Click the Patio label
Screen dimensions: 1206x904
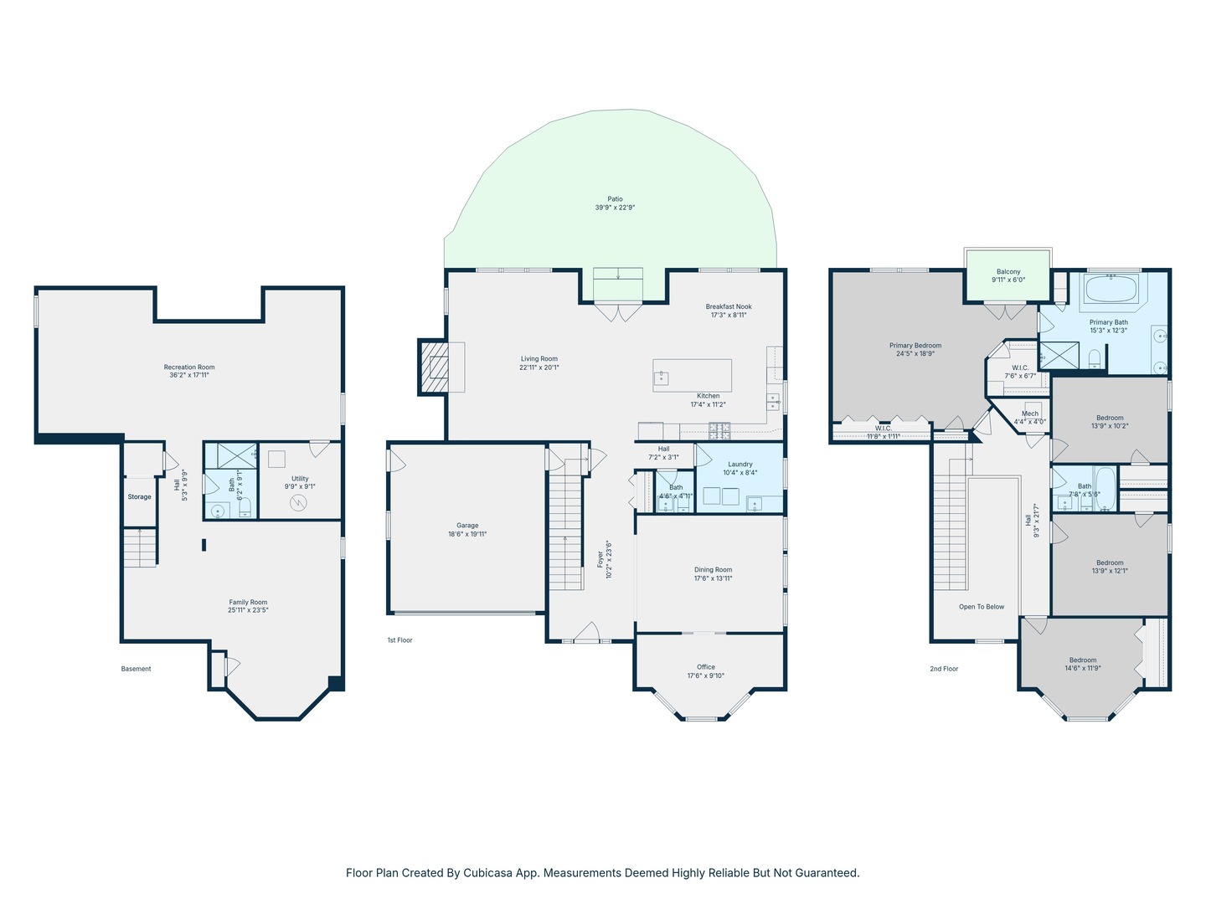(615, 198)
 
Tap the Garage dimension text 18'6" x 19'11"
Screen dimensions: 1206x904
(467, 534)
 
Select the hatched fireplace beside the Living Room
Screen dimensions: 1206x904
(434, 367)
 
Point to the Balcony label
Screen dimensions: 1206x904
(1008, 272)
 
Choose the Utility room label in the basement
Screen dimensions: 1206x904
(300, 479)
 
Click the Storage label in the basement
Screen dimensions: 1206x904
(140, 496)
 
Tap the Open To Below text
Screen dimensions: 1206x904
(982, 607)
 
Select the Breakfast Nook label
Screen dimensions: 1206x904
(729, 306)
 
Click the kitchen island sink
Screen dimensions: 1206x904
(661, 378)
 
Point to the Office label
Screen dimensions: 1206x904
(706, 667)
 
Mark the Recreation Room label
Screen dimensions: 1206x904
(189, 367)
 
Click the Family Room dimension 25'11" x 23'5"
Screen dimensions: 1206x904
(248, 610)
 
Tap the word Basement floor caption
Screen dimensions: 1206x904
(136, 669)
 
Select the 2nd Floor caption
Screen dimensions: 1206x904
(944, 669)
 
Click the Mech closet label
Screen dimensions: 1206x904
(1030, 413)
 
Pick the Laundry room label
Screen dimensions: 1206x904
(740, 465)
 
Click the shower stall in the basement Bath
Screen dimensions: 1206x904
(237, 455)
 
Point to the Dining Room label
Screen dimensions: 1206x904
(714, 570)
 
